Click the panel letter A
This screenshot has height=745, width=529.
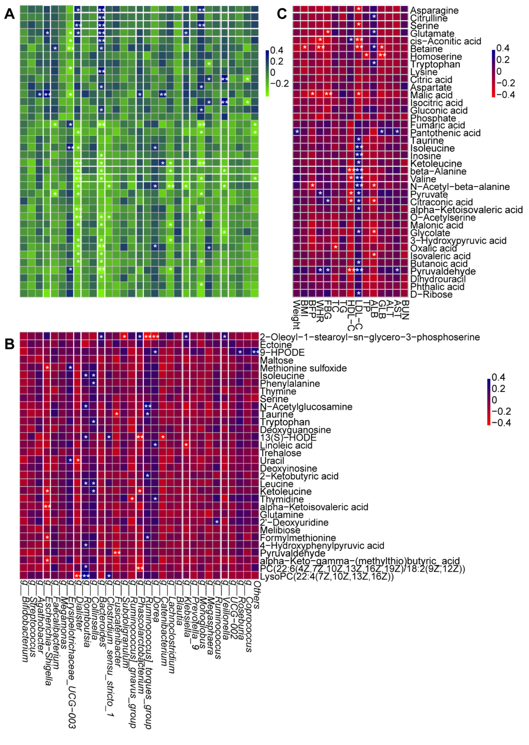click(x=9, y=14)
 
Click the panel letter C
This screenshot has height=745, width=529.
click(x=281, y=14)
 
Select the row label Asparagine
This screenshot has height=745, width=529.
click(x=434, y=11)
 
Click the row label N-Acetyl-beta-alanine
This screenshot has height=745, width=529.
click(x=460, y=187)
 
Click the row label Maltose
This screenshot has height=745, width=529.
click(x=276, y=360)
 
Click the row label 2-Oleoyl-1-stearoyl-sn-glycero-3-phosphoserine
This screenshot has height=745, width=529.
click(x=369, y=337)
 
